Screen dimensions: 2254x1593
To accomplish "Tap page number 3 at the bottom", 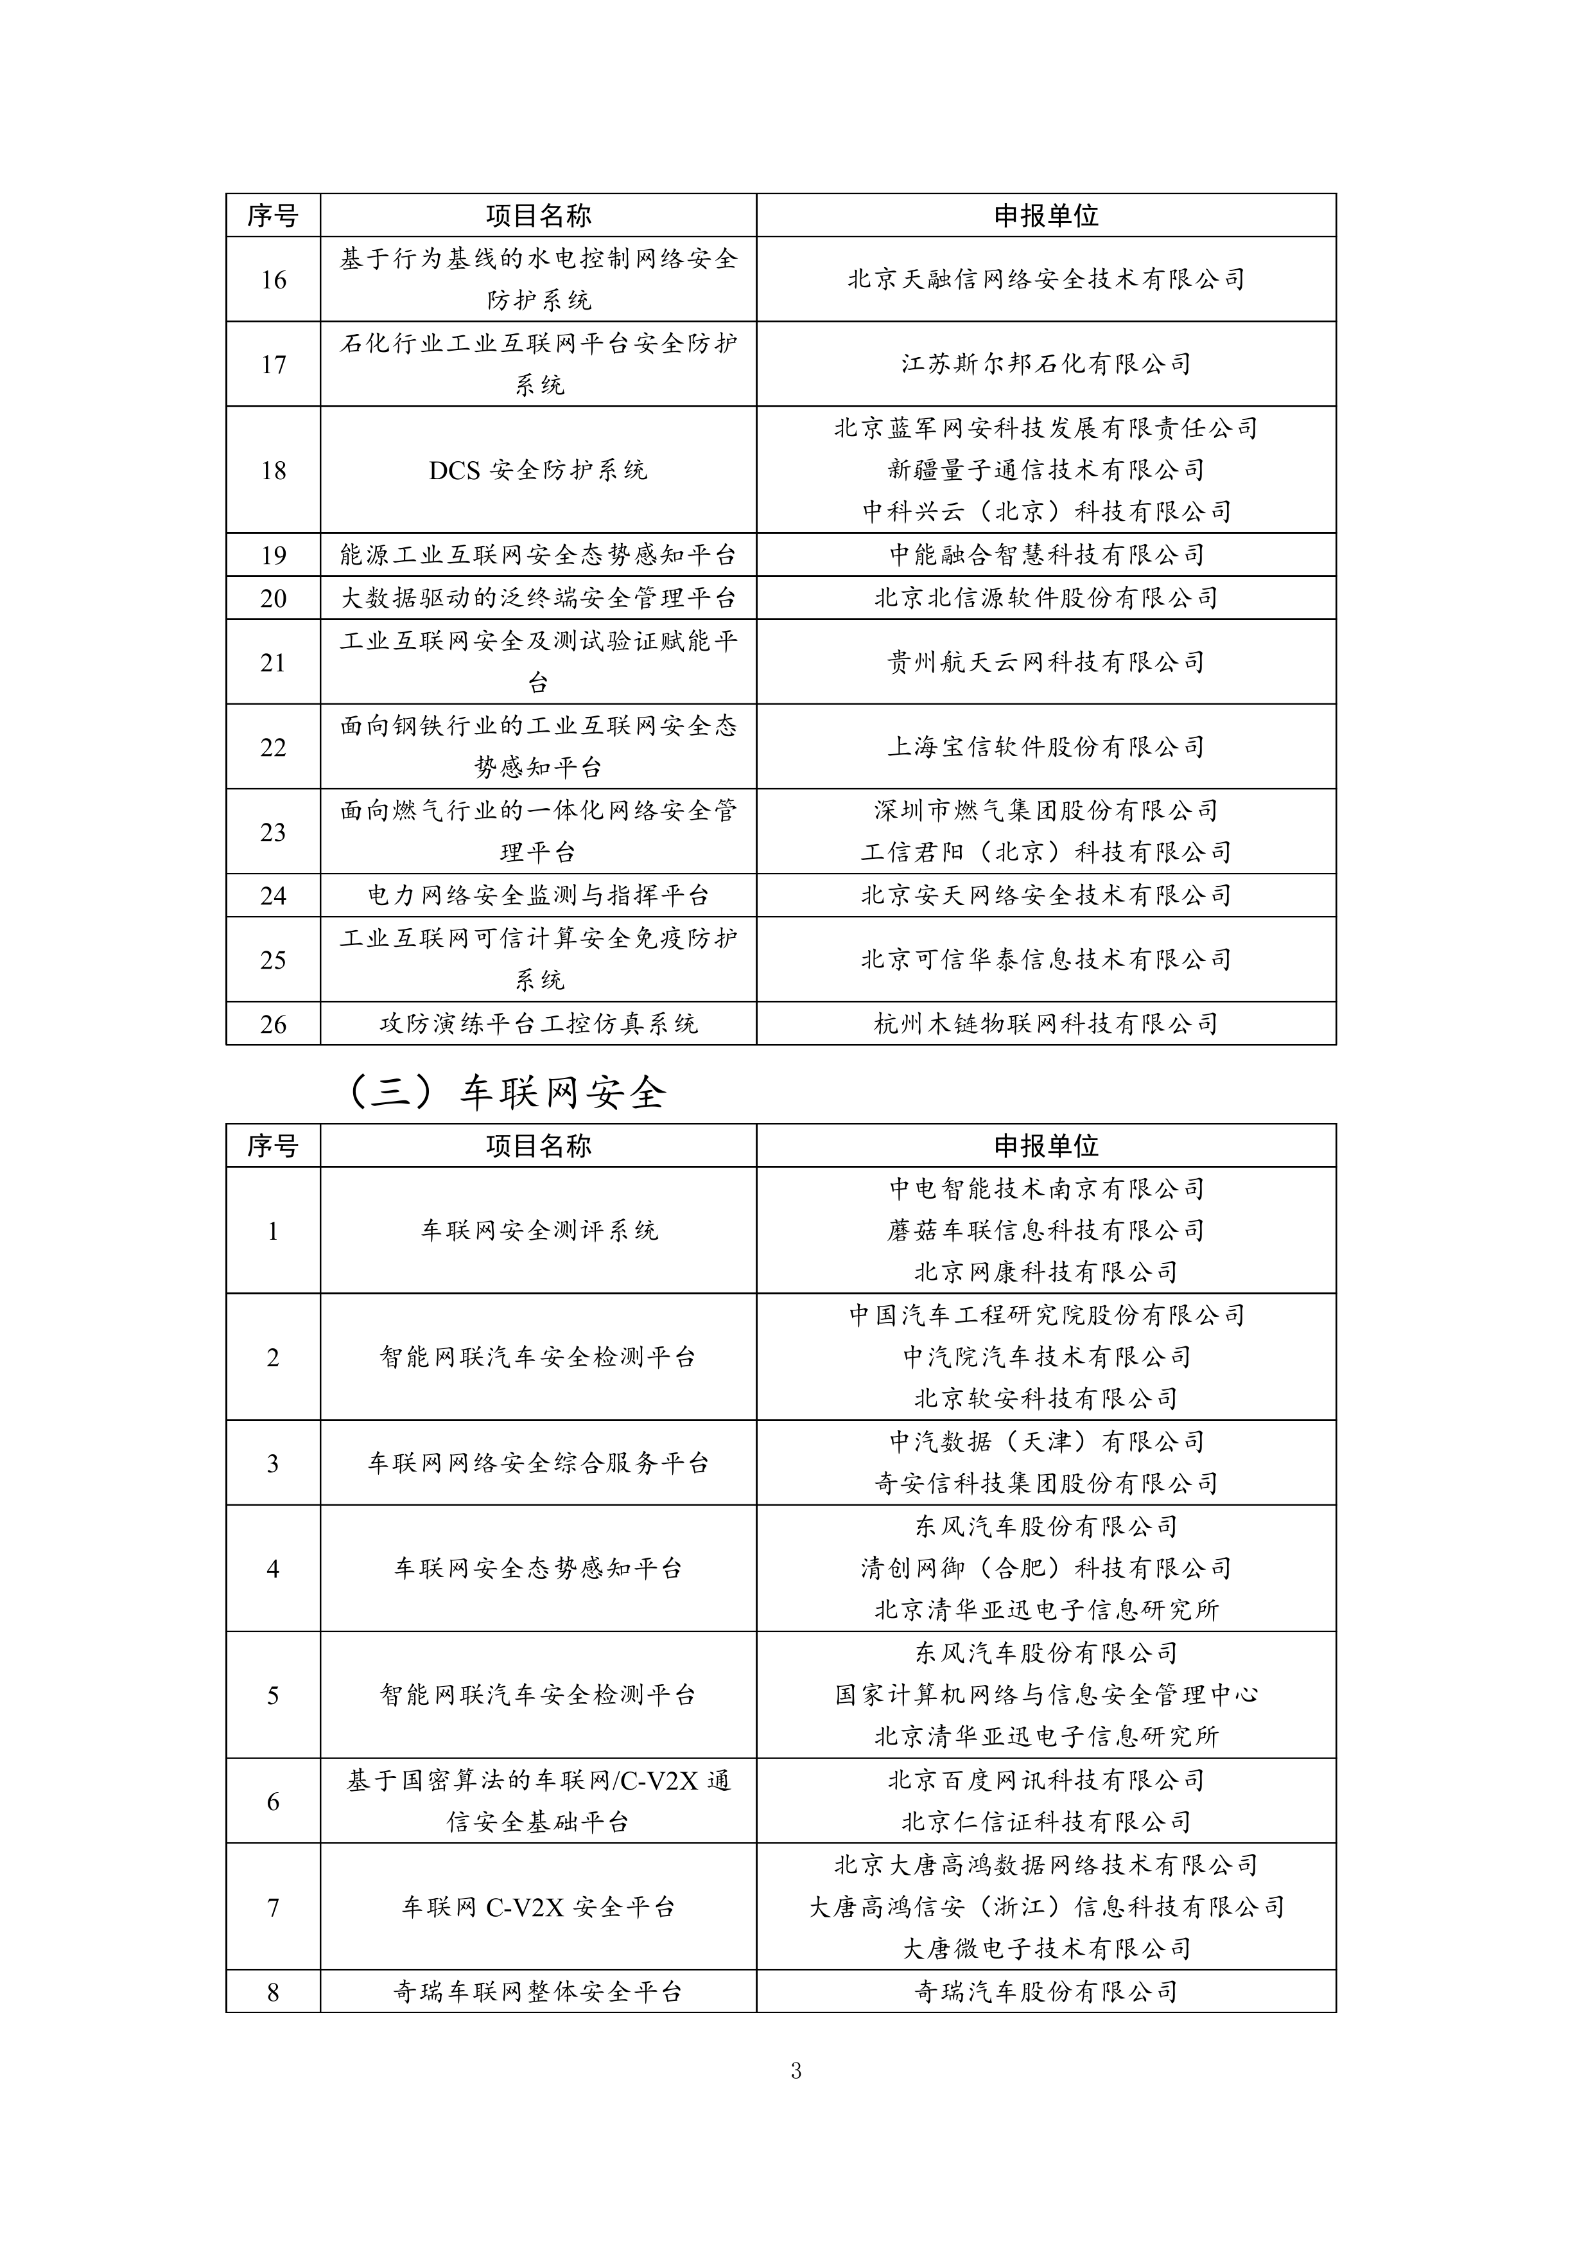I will (x=796, y=2070).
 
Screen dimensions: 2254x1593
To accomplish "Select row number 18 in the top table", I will (x=273, y=470).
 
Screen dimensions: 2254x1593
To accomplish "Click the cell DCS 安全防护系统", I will (x=538, y=470).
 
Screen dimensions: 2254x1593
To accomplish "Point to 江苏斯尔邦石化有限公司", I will (x=1045, y=364).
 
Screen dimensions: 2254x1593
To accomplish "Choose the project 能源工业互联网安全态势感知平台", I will (x=538, y=554).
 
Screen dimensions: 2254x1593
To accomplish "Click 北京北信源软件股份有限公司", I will (x=1045, y=598).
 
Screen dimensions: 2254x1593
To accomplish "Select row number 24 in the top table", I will (x=273, y=895).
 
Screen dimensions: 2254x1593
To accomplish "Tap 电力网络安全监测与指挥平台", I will (x=538, y=895).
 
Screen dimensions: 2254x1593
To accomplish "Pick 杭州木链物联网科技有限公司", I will (x=1045, y=1024).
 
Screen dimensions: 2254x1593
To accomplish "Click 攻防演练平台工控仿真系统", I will (x=538, y=1024).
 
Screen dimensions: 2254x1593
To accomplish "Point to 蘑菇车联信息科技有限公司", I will (x=1045, y=1230).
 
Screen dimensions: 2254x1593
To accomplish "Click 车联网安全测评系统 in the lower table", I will (x=538, y=1230).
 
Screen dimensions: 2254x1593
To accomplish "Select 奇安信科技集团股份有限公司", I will (x=1045, y=1483).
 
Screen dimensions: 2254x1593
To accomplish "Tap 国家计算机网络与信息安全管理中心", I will (x=1045, y=1695).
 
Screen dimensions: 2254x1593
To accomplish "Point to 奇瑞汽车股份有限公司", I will (x=1045, y=1992).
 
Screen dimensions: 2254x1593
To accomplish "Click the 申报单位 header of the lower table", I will (x=1045, y=1146).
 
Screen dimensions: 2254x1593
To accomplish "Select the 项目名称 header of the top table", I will (x=538, y=215).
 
